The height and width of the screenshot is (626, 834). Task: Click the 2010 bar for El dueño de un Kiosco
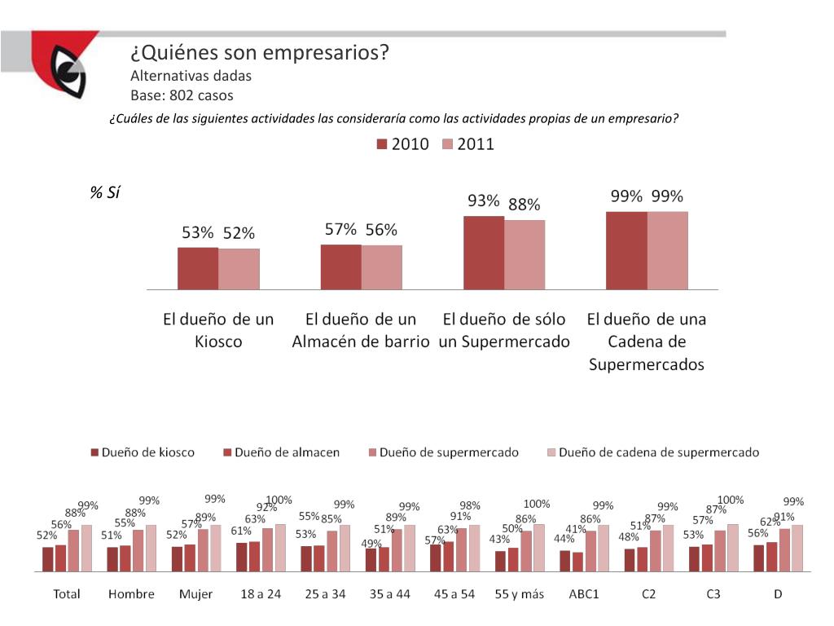(198, 268)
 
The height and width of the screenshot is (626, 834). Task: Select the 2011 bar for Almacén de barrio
(382, 267)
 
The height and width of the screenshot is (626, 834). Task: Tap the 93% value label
(483, 201)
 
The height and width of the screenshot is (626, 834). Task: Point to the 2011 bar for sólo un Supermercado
(525, 254)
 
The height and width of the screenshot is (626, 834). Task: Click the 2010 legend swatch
(382, 145)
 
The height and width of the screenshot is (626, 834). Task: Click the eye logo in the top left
(68, 72)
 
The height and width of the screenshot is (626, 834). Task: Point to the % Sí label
(104, 193)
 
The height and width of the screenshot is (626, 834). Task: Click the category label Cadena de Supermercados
(647, 342)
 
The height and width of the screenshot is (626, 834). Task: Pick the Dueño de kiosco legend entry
(142, 452)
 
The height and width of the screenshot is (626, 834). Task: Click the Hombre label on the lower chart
(131, 594)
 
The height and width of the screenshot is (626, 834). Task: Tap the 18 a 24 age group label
(261, 594)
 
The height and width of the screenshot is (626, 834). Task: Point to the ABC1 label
(583, 594)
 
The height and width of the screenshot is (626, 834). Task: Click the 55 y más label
(519, 594)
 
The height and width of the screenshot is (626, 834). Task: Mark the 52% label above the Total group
(46, 536)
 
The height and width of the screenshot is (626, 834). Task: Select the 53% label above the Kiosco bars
(197, 233)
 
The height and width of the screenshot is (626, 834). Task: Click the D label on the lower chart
(778, 594)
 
